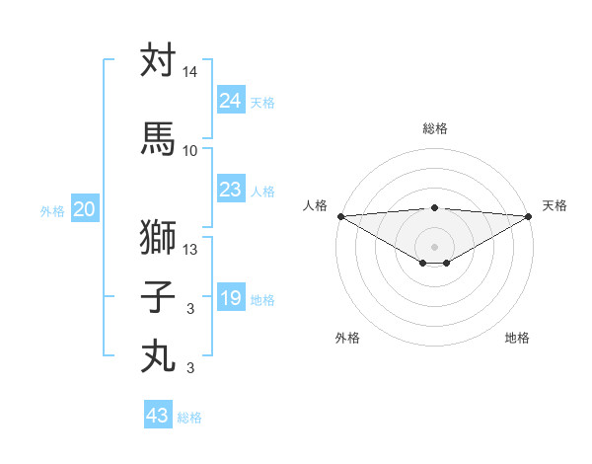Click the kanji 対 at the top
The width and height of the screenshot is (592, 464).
click(158, 60)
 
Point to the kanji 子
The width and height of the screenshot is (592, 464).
click(158, 297)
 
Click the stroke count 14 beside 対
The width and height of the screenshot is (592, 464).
click(190, 72)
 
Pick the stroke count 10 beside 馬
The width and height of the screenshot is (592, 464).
click(190, 150)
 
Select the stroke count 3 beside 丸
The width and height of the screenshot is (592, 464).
click(190, 368)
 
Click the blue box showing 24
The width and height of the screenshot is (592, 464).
click(231, 100)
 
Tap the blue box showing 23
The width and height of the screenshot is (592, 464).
click(231, 190)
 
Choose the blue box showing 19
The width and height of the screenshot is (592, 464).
click(231, 298)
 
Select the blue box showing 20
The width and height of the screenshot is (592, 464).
click(85, 209)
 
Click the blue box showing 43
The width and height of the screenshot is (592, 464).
click(158, 416)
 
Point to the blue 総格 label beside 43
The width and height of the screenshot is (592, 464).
click(190, 418)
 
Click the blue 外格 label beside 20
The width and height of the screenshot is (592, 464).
click(52, 210)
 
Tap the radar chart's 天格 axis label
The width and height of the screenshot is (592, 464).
click(555, 205)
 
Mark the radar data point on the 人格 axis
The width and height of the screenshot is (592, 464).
click(340, 216)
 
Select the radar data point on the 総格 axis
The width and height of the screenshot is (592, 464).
click(434, 207)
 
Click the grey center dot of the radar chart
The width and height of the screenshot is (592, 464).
click(434, 246)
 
